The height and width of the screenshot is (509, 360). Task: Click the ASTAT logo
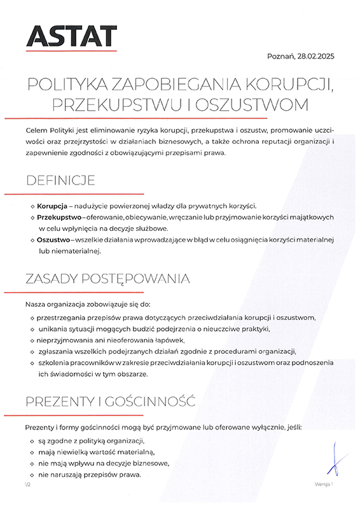click(71, 37)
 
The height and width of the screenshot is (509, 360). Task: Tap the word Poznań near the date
click(280, 57)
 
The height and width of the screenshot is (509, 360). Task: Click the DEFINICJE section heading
click(60, 180)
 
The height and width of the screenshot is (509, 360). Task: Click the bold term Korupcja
click(52, 206)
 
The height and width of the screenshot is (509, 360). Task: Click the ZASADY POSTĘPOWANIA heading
click(107, 279)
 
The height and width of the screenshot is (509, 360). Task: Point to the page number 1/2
click(27, 485)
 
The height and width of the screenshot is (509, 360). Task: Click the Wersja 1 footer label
click(323, 485)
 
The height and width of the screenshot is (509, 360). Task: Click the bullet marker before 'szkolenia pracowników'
click(32, 363)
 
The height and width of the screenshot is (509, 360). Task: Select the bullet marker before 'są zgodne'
click(32, 441)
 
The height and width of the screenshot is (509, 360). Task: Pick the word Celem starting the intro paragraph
click(36, 130)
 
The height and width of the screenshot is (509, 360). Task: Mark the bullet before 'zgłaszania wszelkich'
click(32, 351)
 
